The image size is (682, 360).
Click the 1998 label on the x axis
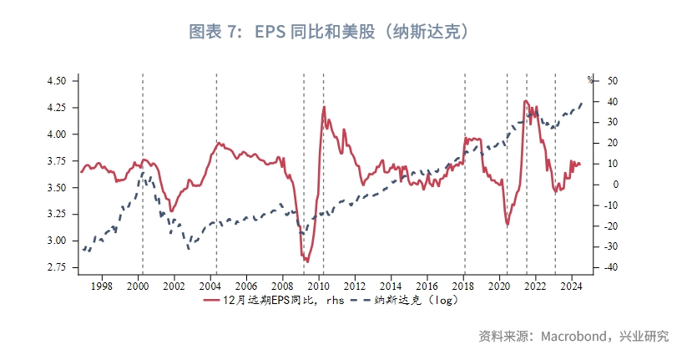(x=102, y=286)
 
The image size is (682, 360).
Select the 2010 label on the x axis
(x=319, y=286)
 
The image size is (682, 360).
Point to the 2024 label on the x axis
(x=571, y=286)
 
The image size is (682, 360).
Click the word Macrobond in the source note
(x=577, y=337)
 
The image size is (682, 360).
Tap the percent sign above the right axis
(x=590, y=80)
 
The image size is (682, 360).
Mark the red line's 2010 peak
(x=324, y=107)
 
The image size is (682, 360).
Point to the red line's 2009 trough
(x=306, y=261)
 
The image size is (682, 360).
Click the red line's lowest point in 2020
(x=508, y=224)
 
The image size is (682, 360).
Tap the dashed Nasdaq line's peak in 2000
(x=143, y=173)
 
